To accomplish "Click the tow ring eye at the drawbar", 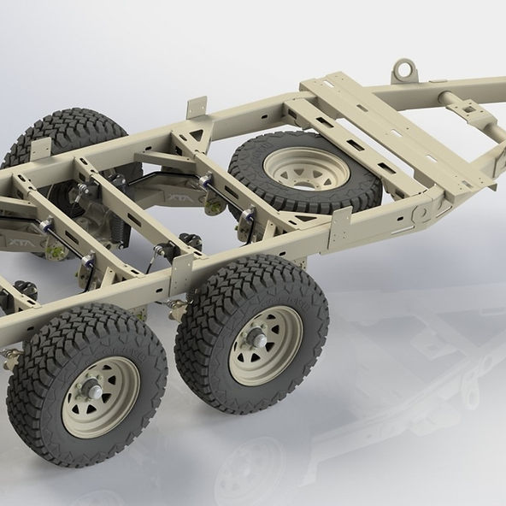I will tap(404, 66).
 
